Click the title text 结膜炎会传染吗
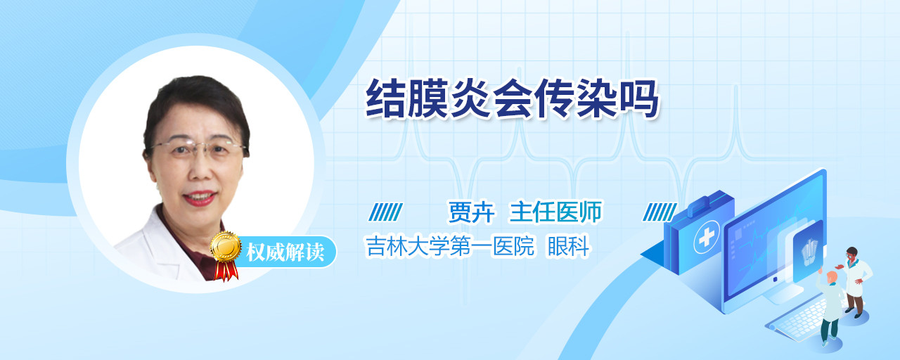coord(513,99)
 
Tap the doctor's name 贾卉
coord(471,212)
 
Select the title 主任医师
coord(555,212)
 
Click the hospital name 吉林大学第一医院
coord(449,246)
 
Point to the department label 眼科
coord(569,246)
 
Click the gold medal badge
coord(226,246)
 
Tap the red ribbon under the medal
coord(226,271)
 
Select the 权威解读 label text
coord(285,252)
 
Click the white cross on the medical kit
coord(707,237)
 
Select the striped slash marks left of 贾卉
coord(386,212)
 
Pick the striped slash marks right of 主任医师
coord(660,212)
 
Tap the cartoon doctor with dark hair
coord(855,281)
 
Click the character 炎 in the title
coord(470,99)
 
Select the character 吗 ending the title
coord(639,99)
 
